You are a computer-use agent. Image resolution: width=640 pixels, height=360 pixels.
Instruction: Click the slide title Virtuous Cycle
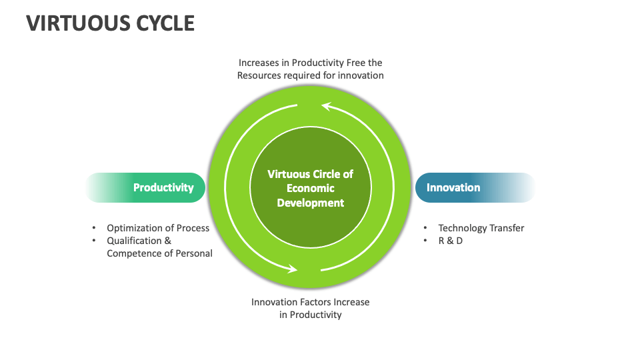110,23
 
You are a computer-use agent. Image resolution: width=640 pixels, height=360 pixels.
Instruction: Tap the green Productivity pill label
163,187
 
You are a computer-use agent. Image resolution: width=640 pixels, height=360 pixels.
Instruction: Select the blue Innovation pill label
453,187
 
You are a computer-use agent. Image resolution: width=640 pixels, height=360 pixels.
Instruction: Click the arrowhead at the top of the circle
326,105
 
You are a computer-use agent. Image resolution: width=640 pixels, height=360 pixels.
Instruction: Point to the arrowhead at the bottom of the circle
293,269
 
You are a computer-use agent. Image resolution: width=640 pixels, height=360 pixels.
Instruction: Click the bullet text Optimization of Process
158,228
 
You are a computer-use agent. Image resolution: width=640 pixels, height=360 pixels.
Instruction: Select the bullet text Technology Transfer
481,228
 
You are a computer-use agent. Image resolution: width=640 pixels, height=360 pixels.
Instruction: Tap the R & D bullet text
451,241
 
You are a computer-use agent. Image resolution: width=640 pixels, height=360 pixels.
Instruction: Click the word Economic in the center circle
311,188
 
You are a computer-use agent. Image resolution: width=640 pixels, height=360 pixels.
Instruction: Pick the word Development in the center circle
311,203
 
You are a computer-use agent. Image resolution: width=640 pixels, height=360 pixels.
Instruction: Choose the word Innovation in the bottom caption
274,302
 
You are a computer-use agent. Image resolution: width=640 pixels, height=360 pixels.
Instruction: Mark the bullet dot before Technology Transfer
426,228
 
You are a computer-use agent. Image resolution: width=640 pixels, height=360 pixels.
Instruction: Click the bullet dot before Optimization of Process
94,228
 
